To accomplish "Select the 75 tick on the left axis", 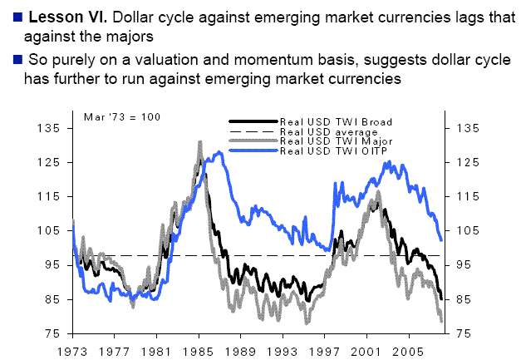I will coord(52,333).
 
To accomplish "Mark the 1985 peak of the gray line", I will coord(199,143).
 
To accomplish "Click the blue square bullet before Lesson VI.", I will coord(7,17).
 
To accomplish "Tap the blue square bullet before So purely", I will coord(7,60).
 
